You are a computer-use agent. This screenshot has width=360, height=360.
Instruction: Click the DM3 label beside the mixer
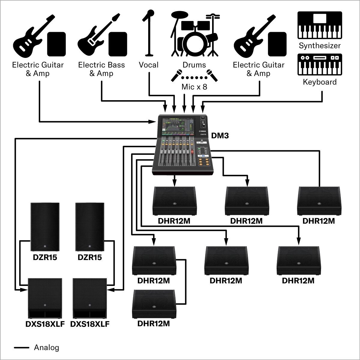tap(220, 136)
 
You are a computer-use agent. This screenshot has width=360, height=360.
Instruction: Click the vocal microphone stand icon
tap(148, 33)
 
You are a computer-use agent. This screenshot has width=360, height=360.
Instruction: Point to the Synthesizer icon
tap(319, 25)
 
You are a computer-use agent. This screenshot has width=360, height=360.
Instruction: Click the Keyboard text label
tap(319, 82)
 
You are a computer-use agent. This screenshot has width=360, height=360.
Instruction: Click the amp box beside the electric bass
tap(118, 44)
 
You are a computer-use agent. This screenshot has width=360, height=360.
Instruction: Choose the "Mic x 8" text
tap(194, 87)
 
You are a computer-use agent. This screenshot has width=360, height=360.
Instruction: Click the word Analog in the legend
tap(46, 347)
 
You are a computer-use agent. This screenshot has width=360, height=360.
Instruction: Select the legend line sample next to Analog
tap(22, 348)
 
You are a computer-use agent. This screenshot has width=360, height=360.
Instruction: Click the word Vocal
tap(148, 65)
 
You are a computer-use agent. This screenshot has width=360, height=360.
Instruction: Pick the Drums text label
tap(194, 65)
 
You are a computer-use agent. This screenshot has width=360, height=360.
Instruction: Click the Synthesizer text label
tap(319, 46)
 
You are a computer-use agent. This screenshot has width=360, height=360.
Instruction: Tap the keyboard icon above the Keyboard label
tap(319, 64)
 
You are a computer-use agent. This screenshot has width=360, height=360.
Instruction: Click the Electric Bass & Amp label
tap(101, 69)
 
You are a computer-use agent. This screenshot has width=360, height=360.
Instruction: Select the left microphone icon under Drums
tap(176, 76)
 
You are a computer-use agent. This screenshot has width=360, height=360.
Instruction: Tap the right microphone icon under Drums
tap(212, 76)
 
